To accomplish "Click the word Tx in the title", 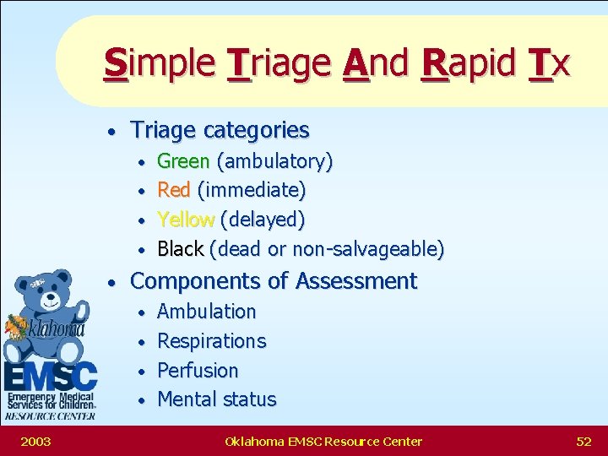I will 549,63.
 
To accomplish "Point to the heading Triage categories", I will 220,130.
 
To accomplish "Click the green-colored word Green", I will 183,161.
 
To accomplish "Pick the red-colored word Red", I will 174,190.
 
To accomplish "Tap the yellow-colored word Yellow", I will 186,220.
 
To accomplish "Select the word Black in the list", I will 181,249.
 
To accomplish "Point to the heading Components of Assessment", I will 274,280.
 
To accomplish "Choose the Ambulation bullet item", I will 207,312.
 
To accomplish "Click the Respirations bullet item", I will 212,341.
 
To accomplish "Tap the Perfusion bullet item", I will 198,371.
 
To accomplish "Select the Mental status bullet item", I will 217,399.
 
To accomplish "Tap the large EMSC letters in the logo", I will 50,374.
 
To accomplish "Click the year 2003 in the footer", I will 35,441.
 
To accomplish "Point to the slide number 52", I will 584,441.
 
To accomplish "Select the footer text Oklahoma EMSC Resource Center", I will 323,441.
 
